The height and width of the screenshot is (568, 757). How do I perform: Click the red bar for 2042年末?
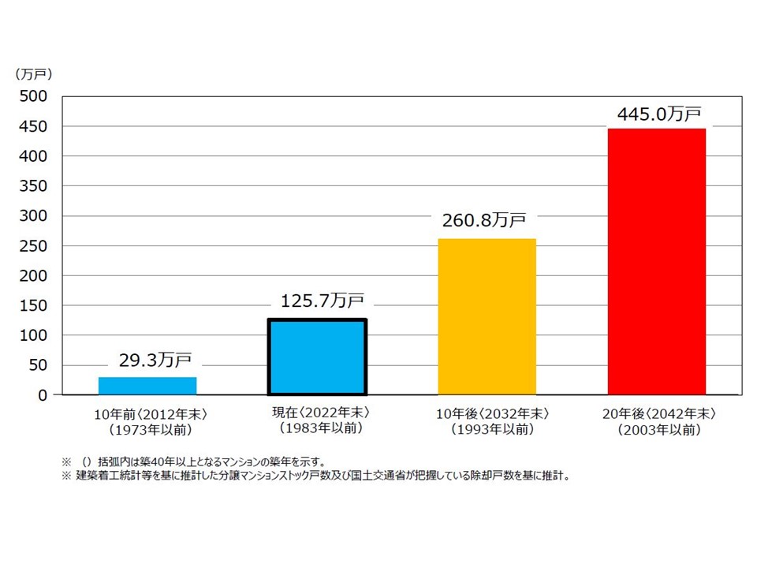656,261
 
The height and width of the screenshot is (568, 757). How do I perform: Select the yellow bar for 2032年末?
487,316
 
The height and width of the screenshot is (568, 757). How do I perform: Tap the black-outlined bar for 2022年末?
316,357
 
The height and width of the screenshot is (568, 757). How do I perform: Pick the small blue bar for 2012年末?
147,386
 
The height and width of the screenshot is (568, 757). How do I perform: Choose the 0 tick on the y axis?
43,395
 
